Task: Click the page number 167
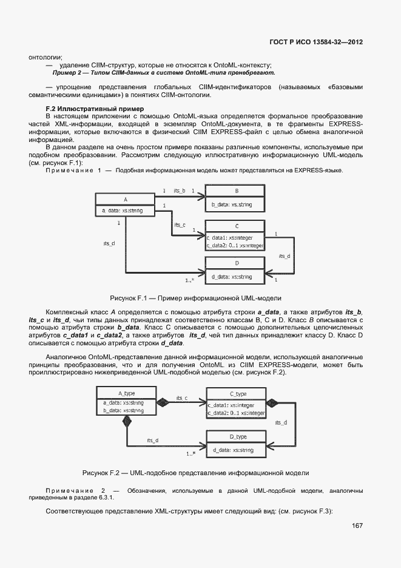(x=356, y=526)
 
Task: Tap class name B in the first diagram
(x=236, y=190)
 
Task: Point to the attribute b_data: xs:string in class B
(x=231, y=205)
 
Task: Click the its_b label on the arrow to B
(x=180, y=191)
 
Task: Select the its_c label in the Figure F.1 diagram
(x=180, y=225)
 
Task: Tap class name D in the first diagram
(x=236, y=263)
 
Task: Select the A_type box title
(x=126, y=393)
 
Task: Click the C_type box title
(x=237, y=393)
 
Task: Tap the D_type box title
(x=237, y=436)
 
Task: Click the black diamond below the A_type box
(x=126, y=424)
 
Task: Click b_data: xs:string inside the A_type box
(x=123, y=410)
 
